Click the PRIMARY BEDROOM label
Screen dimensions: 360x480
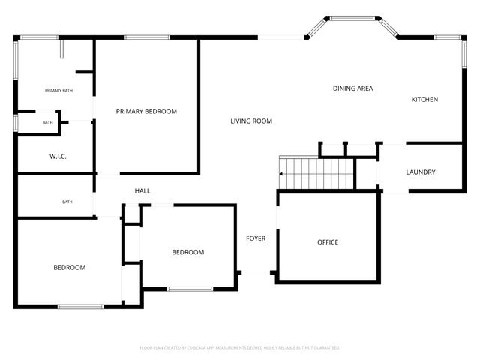[x=146, y=111]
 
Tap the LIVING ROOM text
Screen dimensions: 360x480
[x=251, y=121]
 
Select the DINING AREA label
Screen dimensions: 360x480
[x=352, y=88]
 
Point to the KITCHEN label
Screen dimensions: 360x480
[x=424, y=100]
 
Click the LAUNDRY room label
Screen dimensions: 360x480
[x=421, y=172]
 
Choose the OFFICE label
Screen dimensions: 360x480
[x=328, y=242]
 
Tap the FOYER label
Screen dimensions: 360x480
[x=256, y=238]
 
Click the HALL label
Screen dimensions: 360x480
[x=142, y=191]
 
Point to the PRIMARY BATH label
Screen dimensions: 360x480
[x=58, y=91]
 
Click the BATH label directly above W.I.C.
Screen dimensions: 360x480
[x=47, y=122]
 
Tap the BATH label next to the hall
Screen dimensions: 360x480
[x=67, y=201]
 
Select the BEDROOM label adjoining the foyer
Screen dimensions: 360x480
[x=188, y=252]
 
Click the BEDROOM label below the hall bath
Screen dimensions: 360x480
[x=69, y=267]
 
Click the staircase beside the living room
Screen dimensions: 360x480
[x=315, y=173]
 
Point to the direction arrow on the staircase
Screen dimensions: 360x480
[x=282, y=174]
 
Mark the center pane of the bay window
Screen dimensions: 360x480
[x=352, y=18]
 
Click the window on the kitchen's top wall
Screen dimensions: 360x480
[x=447, y=36]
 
